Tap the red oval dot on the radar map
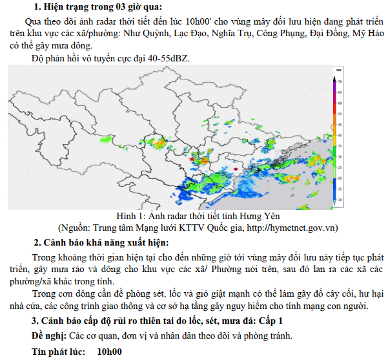pyautogui.click(x=236, y=169)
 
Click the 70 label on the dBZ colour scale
pyautogui.click(x=340, y=82)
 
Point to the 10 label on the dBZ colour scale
pyautogui.click(x=340, y=200)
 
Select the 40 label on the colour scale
pyautogui.click(x=340, y=135)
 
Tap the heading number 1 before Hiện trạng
pyautogui.click(x=36, y=7)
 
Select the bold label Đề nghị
pyautogui.click(x=48, y=335)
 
